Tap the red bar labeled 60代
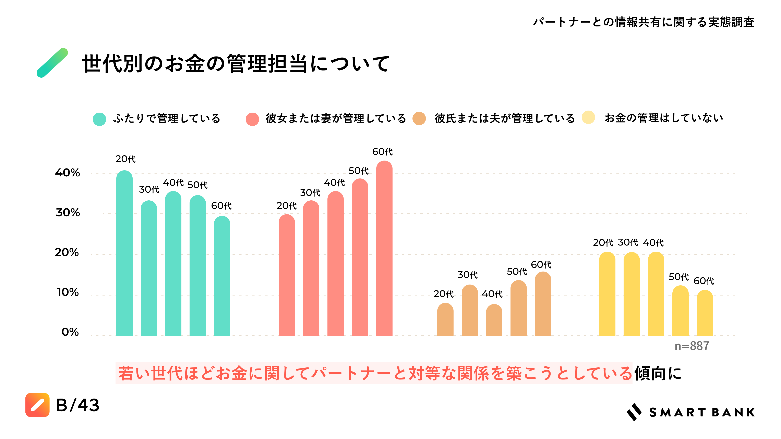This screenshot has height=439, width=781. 384,248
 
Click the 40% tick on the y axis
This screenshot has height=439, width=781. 67,173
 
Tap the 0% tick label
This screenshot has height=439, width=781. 70,332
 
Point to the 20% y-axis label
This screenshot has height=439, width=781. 67,252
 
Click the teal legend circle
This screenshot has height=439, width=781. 99,119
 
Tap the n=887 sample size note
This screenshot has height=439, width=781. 692,346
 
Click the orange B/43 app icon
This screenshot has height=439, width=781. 37,405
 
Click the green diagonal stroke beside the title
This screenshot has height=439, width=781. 52,63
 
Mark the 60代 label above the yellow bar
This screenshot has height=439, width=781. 704,281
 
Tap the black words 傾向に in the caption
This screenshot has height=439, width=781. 658,373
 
